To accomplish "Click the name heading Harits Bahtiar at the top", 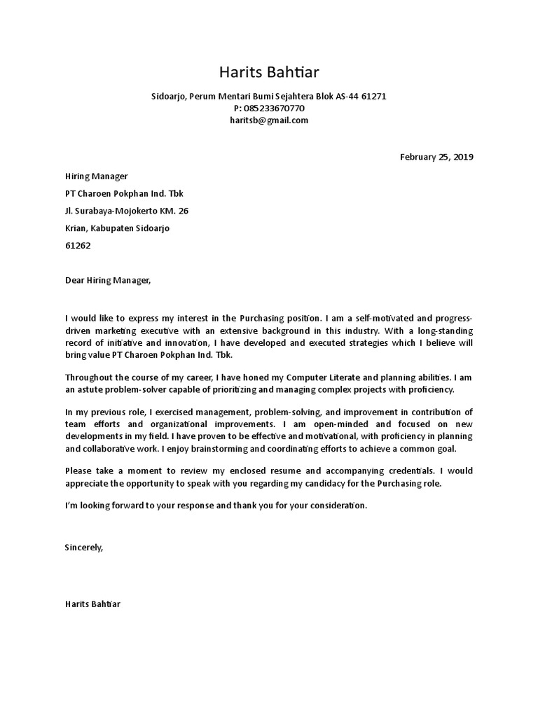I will [269, 72].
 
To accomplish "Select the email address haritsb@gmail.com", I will [269, 120].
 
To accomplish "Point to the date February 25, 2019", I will [436, 157].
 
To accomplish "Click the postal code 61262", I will [78, 246].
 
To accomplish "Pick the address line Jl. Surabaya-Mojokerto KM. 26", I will [126, 211].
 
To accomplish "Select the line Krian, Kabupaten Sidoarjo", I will [117, 228].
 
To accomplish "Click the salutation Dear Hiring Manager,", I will [107, 280].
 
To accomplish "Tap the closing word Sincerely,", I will [83, 548].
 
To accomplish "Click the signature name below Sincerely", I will [92, 604].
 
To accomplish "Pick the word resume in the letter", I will [282, 472].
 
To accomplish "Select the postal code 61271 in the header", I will [374, 96].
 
